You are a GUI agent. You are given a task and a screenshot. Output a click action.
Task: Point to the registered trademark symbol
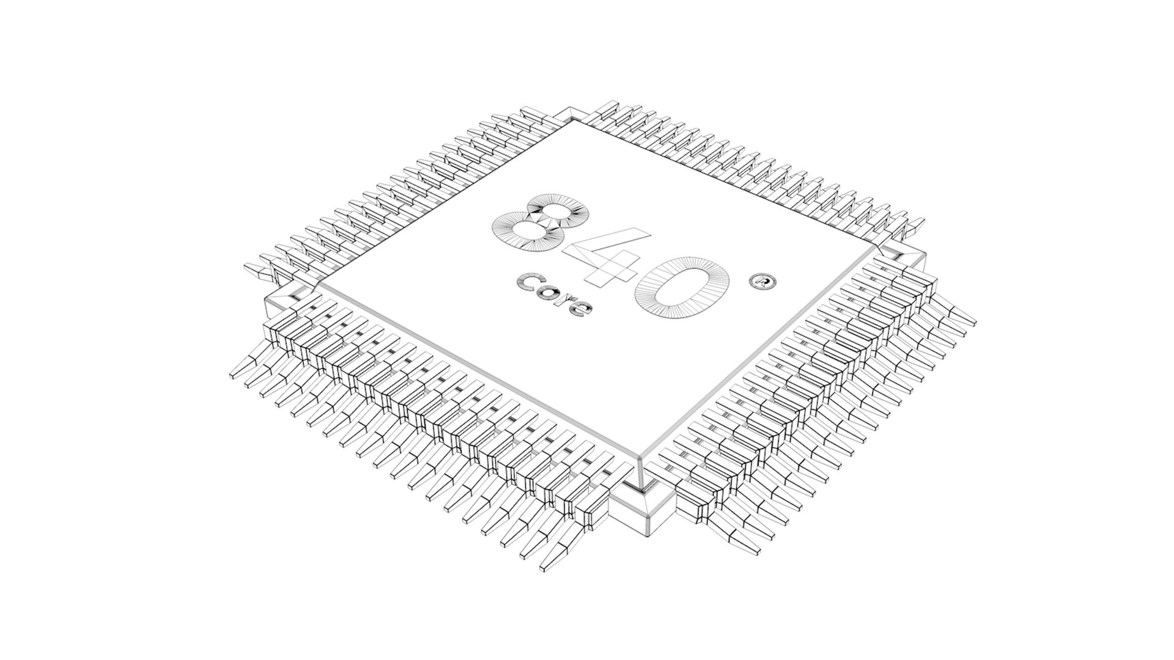[x=762, y=282]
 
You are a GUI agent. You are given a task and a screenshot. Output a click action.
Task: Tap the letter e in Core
[x=580, y=308]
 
